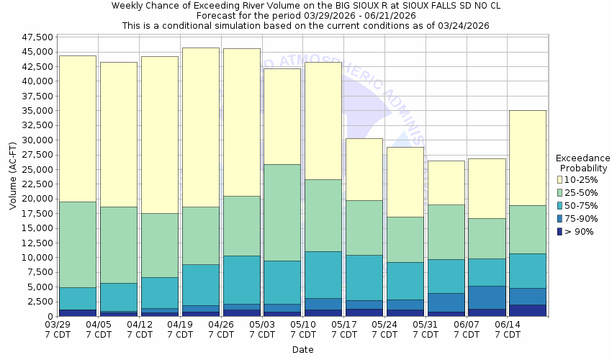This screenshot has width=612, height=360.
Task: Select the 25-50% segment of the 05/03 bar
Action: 282,212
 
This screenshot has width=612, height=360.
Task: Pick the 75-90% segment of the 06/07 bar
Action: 487,297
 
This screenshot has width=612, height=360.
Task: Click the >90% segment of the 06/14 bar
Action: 528,310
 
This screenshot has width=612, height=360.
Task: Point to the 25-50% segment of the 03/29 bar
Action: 78,244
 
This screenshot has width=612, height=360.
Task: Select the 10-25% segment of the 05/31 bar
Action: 446,182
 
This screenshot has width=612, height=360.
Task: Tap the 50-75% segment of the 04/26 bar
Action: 241,279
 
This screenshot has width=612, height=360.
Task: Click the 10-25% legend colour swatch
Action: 559,179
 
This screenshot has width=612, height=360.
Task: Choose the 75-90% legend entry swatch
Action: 559,218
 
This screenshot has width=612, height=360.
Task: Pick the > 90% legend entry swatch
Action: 559,231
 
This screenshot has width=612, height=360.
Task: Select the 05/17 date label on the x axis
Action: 344,325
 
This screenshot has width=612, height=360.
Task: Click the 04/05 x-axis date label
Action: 99,325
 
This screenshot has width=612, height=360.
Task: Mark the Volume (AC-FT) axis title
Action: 12,176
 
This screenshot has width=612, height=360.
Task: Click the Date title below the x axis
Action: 302,350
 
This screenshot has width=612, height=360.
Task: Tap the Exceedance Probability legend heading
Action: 582,163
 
